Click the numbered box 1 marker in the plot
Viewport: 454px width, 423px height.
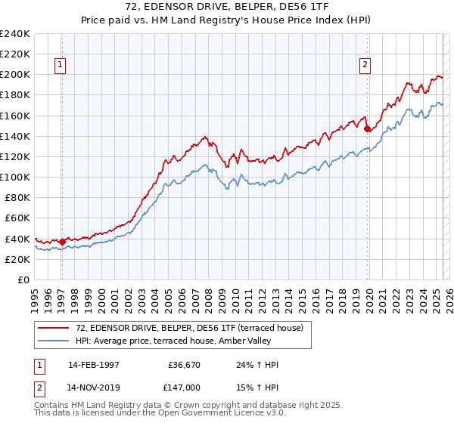click(x=60, y=66)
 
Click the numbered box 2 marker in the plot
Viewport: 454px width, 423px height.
click(x=365, y=66)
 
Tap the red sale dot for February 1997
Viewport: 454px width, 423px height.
click(x=62, y=242)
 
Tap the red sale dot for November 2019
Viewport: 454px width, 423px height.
click(x=367, y=128)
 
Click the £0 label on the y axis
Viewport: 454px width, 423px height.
click(x=23, y=279)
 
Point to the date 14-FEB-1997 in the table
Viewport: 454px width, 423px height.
click(x=93, y=365)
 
